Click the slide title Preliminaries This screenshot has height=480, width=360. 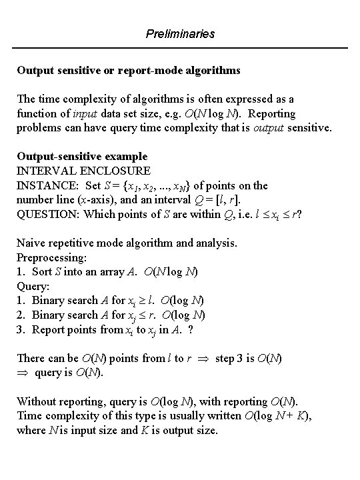point(180,33)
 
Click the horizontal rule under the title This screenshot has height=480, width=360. point(180,48)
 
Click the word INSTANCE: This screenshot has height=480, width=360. point(45,185)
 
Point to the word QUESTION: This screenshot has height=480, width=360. point(45,214)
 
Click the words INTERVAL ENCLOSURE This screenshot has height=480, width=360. point(83,171)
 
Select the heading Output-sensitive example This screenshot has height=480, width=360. point(82,157)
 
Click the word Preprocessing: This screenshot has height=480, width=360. point(51,257)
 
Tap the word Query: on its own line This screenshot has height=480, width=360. point(33,285)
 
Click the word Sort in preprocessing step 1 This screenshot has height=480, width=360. point(43,271)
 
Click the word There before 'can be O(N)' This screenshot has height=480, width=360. point(31,357)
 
